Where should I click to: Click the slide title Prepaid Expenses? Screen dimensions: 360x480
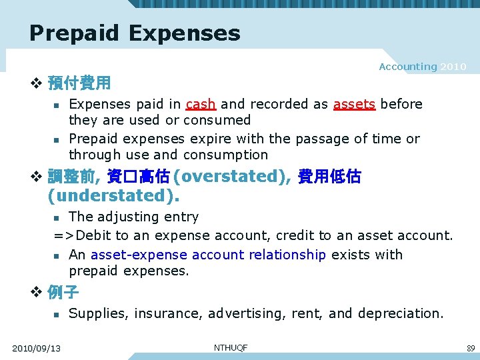[x=135, y=33]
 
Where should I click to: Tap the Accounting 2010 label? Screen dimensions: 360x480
[x=422, y=67]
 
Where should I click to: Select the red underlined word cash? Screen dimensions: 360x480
[x=201, y=104]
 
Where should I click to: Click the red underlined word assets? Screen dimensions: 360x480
[x=354, y=104]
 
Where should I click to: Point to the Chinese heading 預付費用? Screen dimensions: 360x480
[x=79, y=84]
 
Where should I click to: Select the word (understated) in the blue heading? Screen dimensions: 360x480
[x=114, y=196]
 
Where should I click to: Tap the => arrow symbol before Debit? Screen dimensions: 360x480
[x=64, y=235]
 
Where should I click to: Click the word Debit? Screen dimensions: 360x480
[x=93, y=235]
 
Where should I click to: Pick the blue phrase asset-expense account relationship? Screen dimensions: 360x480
[x=208, y=255]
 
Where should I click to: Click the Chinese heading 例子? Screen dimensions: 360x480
[x=63, y=292]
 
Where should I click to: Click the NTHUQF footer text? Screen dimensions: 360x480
[x=230, y=347]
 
